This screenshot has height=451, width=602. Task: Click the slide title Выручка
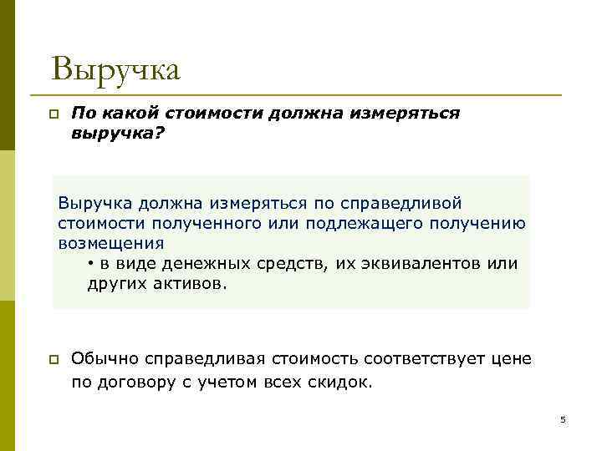pyautogui.click(x=115, y=69)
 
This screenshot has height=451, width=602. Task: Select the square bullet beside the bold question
pyautogui.click(x=52, y=114)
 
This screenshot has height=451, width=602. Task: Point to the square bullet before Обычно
pyautogui.click(x=52, y=360)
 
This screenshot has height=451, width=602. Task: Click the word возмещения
pyautogui.click(x=111, y=243)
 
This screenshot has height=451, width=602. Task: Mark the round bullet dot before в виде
pyautogui.click(x=90, y=264)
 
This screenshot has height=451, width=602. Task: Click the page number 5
pyautogui.click(x=563, y=419)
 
